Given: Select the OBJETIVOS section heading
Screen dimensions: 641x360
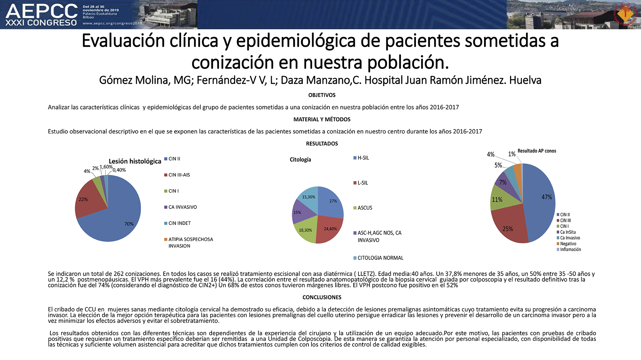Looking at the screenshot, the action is coord(322,95).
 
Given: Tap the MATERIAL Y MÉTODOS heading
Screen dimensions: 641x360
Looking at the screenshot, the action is coord(322,119).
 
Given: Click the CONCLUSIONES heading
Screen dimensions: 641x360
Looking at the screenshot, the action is coord(322,297).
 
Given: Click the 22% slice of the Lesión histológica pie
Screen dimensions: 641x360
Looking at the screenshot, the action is coord(87,200).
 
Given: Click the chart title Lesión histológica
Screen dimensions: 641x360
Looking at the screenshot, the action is coord(135,161).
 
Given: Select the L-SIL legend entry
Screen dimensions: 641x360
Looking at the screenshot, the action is coord(361,183).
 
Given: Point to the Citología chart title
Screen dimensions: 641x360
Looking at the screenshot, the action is coord(300,159).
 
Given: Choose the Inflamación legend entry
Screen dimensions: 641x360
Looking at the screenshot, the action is coord(569,250).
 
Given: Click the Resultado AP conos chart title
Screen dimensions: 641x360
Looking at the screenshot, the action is coord(537,151).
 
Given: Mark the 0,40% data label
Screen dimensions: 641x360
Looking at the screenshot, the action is coord(119,170).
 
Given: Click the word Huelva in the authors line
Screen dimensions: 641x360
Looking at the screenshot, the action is coord(525,80).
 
